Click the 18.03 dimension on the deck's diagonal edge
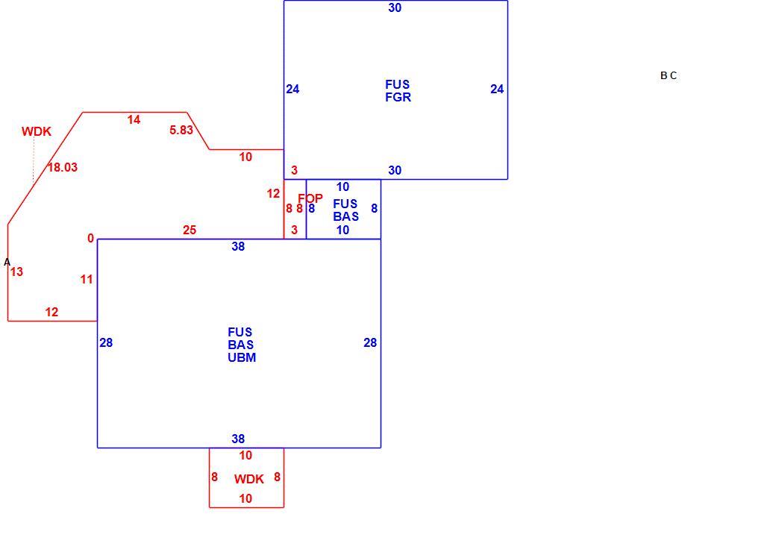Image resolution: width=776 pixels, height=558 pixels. [x=63, y=167]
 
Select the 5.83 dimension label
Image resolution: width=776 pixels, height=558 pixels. [x=181, y=130]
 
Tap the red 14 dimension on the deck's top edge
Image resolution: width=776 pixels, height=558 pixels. [x=134, y=119]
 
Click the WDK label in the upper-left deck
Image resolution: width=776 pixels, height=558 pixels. [x=37, y=131]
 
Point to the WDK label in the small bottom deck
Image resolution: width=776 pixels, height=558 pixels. [x=249, y=479]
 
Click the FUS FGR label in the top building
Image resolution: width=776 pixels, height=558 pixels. [x=398, y=91]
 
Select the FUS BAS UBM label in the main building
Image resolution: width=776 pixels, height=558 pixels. [x=242, y=345]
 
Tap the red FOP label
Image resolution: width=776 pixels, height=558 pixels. [x=310, y=198]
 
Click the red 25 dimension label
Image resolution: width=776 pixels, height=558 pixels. [x=190, y=230]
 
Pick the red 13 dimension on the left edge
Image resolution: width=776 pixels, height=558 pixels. [x=16, y=272]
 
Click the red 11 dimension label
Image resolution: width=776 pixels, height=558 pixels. [x=87, y=280]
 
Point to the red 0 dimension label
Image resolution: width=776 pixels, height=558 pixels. [x=90, y=239]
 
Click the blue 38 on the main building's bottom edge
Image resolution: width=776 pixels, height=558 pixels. [x=238, y=439]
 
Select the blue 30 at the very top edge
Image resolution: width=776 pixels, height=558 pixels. [x=395, y=7]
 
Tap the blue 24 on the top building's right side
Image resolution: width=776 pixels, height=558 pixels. [x=497, y=89]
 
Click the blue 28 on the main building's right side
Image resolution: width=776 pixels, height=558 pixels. [x=370, y=343]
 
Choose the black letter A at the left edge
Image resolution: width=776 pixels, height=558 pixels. [x=7, y=262]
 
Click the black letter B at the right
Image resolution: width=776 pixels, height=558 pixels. [x=663, y=75]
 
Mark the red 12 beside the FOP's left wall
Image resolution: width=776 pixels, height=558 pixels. [x=273, y=194]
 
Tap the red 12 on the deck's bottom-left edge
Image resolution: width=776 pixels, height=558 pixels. [x=51, y=312]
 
